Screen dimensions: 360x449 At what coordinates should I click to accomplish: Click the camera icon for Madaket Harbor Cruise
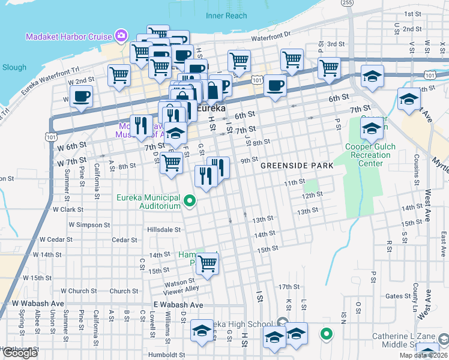[x=121, y=35]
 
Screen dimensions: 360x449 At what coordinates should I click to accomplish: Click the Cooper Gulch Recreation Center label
[x=367, y=155]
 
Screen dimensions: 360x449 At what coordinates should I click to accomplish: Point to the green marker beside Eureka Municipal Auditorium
[x=190, y=201]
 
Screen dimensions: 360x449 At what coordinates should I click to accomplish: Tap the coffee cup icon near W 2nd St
[x=81, y=96]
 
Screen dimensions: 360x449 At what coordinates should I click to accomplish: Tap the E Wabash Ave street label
[x=178, y=305]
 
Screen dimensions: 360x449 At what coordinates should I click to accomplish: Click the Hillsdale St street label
[x=164, y=230]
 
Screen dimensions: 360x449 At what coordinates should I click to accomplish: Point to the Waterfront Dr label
[x=271, y=37]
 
